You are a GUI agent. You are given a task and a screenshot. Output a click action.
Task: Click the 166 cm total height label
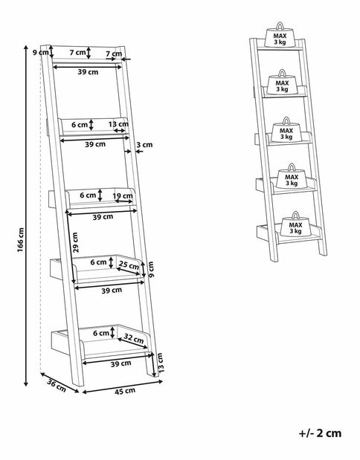pos(20,240)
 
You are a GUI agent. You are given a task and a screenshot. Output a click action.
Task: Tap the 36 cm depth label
pos(57,385)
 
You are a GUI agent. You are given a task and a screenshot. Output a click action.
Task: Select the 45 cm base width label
pos(125,391)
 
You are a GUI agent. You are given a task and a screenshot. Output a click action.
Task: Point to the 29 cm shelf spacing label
pos(75,243)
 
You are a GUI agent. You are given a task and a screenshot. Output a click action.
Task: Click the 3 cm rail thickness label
pos(144,145)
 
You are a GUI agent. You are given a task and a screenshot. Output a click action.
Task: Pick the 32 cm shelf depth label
pos(134,339)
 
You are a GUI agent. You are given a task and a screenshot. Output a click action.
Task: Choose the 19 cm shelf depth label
pos(123,195)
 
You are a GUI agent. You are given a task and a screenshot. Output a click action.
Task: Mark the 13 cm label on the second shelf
pos(118,124)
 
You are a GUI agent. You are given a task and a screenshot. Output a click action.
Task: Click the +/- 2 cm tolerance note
pos(320,433)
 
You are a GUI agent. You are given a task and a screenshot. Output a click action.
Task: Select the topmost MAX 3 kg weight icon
pos(280,35)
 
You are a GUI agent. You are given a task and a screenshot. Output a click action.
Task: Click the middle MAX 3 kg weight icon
pos(286,129)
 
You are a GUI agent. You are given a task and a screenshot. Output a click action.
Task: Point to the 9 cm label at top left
pos(40,53)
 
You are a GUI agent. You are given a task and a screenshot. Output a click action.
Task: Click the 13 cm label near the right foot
pos(161,363)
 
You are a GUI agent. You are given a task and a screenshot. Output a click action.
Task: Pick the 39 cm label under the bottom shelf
pos(120,364)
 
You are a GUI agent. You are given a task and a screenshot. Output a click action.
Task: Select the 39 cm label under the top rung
pos(88,72)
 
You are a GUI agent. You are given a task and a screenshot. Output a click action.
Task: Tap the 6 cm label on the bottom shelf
pos(101,333)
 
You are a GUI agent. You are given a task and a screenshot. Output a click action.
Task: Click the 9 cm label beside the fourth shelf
pos(151,269)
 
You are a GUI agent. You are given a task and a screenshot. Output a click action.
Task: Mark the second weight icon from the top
pos(282,82)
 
